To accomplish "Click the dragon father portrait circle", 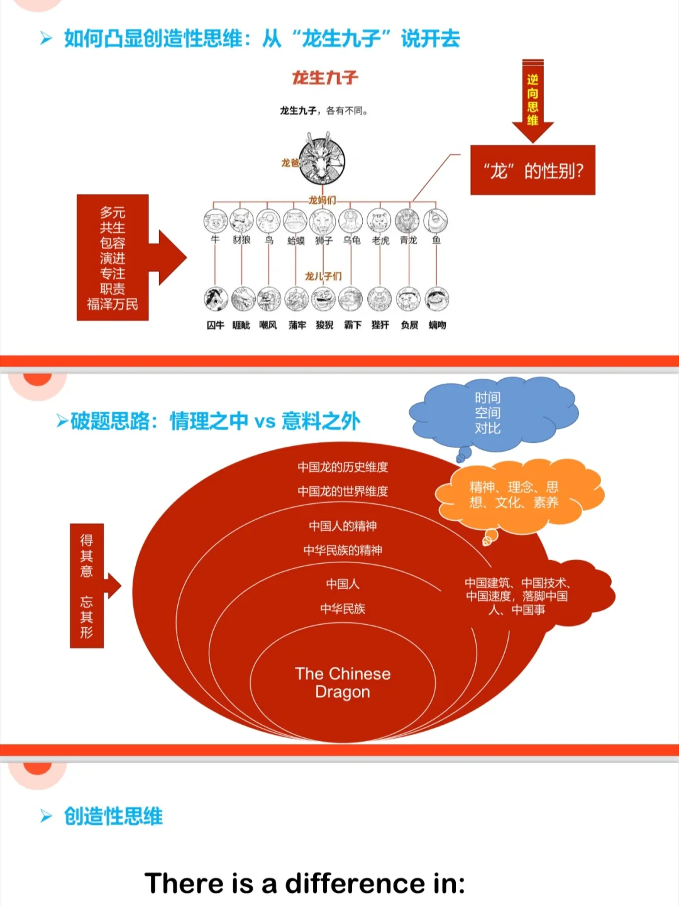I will pyautogui.click(x=322, y=160).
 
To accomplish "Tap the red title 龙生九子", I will pyautogui.click(x=324, y=78).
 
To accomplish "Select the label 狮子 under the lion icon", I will pyautogui.click(x=324, y=240).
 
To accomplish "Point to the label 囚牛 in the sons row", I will pyautogui.click(x=215, y=325).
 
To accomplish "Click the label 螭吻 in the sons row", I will pyautogui.click(x=437, y=325).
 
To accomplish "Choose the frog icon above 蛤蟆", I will pyautogui.click(x=295, y=221).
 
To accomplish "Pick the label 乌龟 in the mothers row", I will pyautogui.click(x=351, y=240).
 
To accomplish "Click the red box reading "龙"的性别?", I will pyautogui.click(x=533, y=171).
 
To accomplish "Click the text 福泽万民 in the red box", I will pyautogui.click(x=113, y=305).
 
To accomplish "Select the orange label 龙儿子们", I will pyautogui.click(x=323, y=276).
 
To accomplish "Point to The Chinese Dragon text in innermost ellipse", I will pyautogui.click(x=343, y=683).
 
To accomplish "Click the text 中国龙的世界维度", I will pyautogui.click(x=343, y=491).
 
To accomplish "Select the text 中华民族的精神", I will pyautogui.click(x=343, y=551).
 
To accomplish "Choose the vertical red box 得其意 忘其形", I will pyautogui.click(x=87, y=586).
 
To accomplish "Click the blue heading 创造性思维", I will pyautogui.click(x=113, y=817).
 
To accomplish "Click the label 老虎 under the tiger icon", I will pyautogui.click(x=380, y=240).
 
